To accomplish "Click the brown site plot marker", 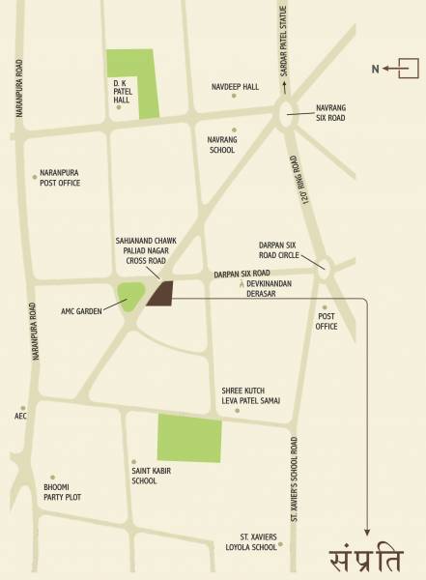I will coord(159,294).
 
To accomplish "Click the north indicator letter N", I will coord(376,68).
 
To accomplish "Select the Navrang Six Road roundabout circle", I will coord(293,117).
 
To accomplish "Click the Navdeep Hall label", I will coord(235,87).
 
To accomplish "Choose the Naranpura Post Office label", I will coord(60,177).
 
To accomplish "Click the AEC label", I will coord(20,418).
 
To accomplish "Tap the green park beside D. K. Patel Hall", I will coord(131,82).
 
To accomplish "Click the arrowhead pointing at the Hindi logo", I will coord(367,529).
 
